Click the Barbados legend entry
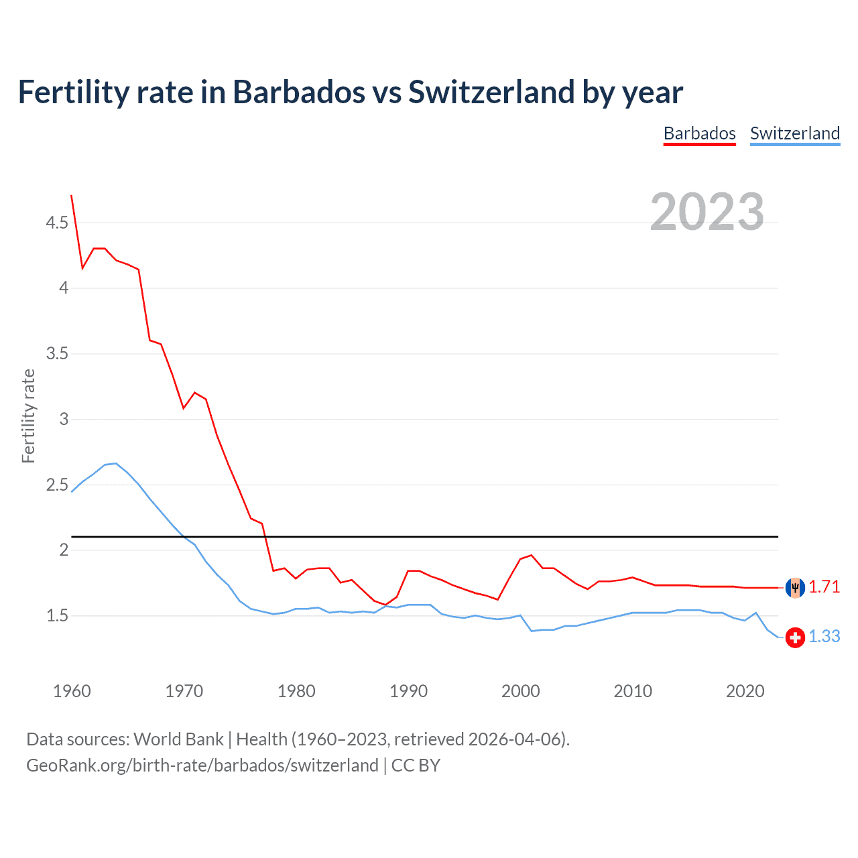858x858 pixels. [699, 133]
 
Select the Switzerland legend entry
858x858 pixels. [794, 133]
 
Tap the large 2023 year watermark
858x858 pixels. [707, 212]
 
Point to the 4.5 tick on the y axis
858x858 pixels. [57, 223]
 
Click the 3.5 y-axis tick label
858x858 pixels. [57, 353]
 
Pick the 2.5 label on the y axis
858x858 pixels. [57, 485]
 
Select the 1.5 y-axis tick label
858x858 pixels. [57, 615]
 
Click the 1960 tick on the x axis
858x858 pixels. [72, 691]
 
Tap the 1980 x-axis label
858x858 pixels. [296, 691]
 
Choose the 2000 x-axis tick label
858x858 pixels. [520, 691]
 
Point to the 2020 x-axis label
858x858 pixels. [745, 691]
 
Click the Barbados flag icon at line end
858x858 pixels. [795, 587]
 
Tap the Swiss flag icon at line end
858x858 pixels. [795, 637]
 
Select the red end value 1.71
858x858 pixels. [824, 587]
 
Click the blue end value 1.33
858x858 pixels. [824, 637]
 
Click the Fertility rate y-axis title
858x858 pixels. [28, 416]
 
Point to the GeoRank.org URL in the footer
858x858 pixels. [202, 765]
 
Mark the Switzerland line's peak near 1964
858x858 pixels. [116, 463]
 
